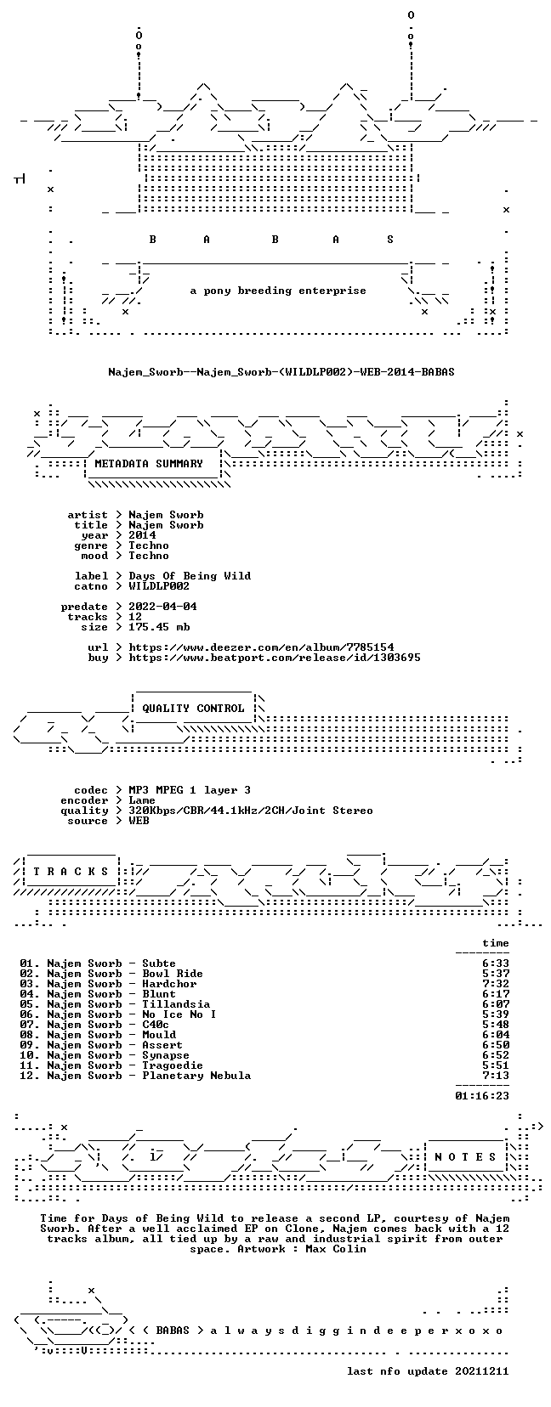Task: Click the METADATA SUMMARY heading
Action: pyautogui.click(x=149, y=464)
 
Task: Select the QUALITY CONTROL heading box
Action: pyautogui.click(x=194, y=709)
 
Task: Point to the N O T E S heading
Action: pyautogui.click(x=466, y=1157)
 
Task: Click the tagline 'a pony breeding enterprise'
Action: pyautogui.click(x=278, y=291)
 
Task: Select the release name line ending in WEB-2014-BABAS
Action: pyautogui.click(x=281, y=372)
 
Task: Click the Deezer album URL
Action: pyautogui.click(x=261, y=647)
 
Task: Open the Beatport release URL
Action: pyautogui.click(x=275, y=658)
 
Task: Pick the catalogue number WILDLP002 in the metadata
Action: pyautogui.click(x=159, y=586)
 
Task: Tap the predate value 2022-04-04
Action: pyautogui.click(x=162, y=607)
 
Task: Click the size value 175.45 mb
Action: pyautogui.click(x=159, y=627)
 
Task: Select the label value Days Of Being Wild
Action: pyautogui.click(x=190, y=576)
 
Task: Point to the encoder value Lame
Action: pyautogui.click(x=142, y=800)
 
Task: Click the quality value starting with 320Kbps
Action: pyautogui.click(x=251, y=811)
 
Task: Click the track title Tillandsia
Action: pyautogui.click(x=176, y=1004)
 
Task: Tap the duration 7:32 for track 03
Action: pyautogui.click(x=496, y=984)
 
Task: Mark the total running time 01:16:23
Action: pyautogui.click(x=482, y=1096)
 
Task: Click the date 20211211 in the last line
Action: pyautogui.click(x=482, y=1371)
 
